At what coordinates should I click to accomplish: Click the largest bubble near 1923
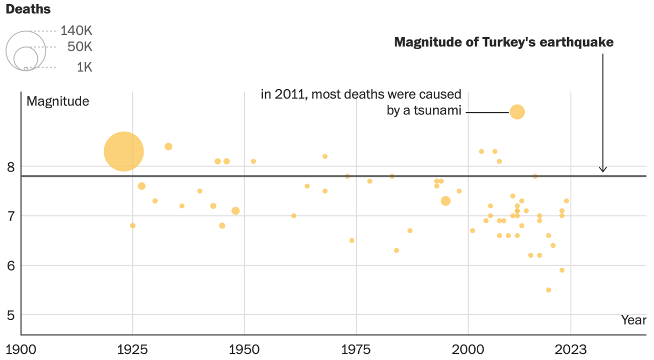(124, 151)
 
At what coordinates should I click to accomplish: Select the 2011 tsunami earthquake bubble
(517, 112)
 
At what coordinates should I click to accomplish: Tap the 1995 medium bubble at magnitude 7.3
(446, 201)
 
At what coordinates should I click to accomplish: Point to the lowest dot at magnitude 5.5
(548, 290)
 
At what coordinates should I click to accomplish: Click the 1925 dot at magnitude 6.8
(133, 225)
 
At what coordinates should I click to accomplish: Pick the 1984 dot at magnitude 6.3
(396, 250)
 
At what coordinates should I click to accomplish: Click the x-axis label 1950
(244, 350)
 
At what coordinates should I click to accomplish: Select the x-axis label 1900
(20, 350)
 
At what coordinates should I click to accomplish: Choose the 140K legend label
(76, 31)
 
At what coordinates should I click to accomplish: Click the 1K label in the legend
(84, 67)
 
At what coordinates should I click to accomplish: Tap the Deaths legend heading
(28, 10)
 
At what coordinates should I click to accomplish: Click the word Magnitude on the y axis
(58, 101)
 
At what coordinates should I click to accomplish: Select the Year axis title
(634, 320)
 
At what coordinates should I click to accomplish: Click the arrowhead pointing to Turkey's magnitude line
(602, 170)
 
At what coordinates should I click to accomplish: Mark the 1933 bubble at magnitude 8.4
(169, 147)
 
